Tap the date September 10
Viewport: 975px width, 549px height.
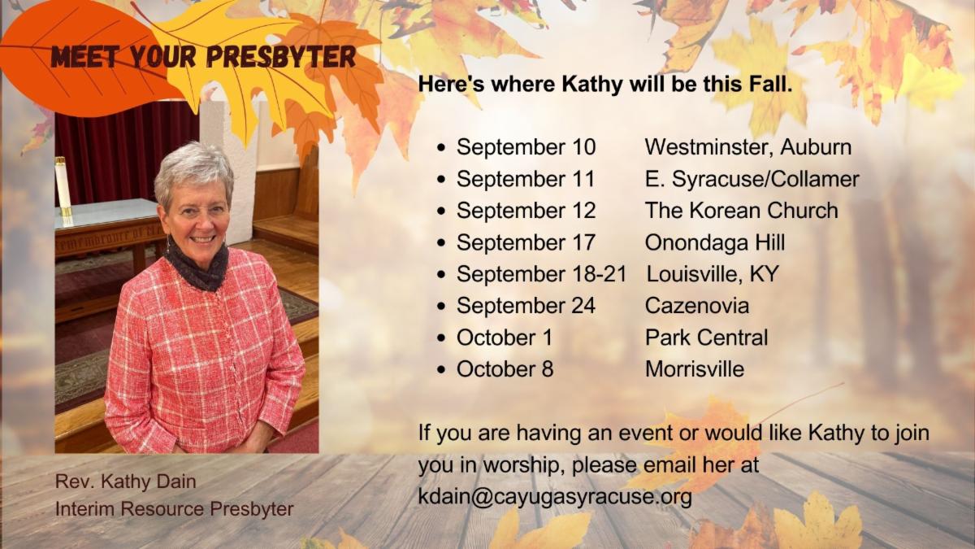point(526,147)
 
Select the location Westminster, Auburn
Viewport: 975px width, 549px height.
point(748,147)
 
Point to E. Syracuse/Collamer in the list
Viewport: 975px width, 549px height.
point(752,179)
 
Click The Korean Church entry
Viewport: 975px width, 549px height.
point(742,210)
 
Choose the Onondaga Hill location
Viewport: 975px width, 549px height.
point(715,242)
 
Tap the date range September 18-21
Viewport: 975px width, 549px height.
point(541,273)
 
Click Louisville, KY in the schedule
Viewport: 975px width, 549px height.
point(713,273)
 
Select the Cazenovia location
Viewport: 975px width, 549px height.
point(697,305)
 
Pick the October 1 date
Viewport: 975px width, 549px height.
point(505,338)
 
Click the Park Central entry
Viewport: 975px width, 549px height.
point(706,338)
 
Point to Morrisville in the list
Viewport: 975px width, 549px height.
point(695,369)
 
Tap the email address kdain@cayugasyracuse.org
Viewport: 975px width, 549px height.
point(555,497)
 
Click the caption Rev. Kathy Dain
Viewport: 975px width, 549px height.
point(126,481)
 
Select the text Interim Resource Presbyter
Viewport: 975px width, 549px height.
point(175,508)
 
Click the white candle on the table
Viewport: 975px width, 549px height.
point(63,186)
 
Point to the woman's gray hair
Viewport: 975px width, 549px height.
point(193,170)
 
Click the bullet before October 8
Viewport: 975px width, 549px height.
point(442,370)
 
